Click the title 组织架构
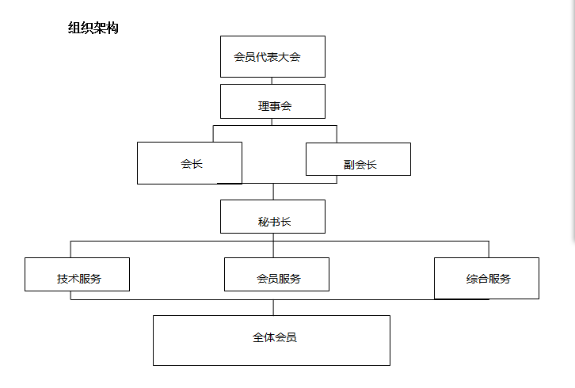93,28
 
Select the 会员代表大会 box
272,56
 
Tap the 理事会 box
272,101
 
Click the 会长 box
189,163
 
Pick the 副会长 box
358,159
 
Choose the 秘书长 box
272,216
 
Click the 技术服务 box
77,274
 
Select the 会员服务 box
276,274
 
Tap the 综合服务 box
486,278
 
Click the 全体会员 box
272,340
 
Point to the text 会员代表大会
268,57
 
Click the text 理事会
275,106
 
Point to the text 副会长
360,165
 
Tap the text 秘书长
275,222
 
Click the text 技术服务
79,279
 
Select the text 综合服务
489,279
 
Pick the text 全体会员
275,337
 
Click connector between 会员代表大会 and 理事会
272,81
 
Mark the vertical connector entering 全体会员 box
273,307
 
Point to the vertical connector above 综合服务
489,249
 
